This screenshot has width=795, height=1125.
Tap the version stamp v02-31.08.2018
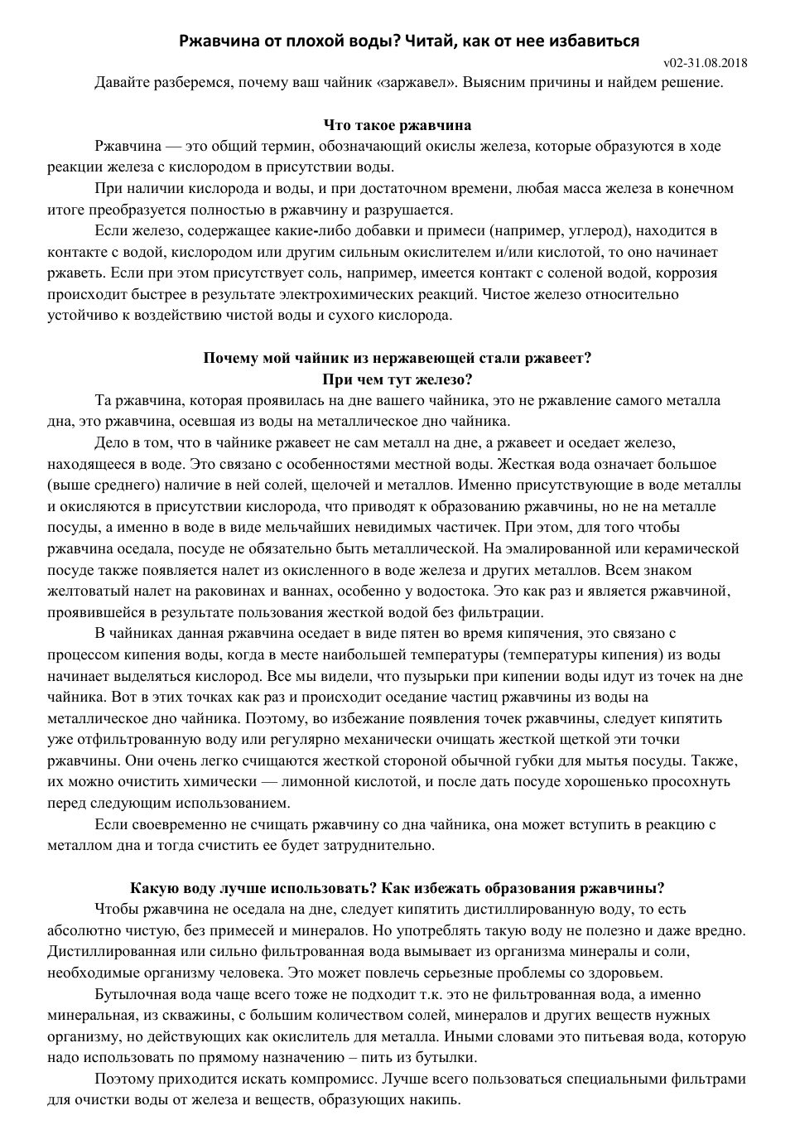point(706,63)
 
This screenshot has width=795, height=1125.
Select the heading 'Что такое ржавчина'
point(397,125)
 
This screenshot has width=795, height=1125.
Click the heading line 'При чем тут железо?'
point(397,379)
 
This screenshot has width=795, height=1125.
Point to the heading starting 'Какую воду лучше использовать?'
point(397,888)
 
